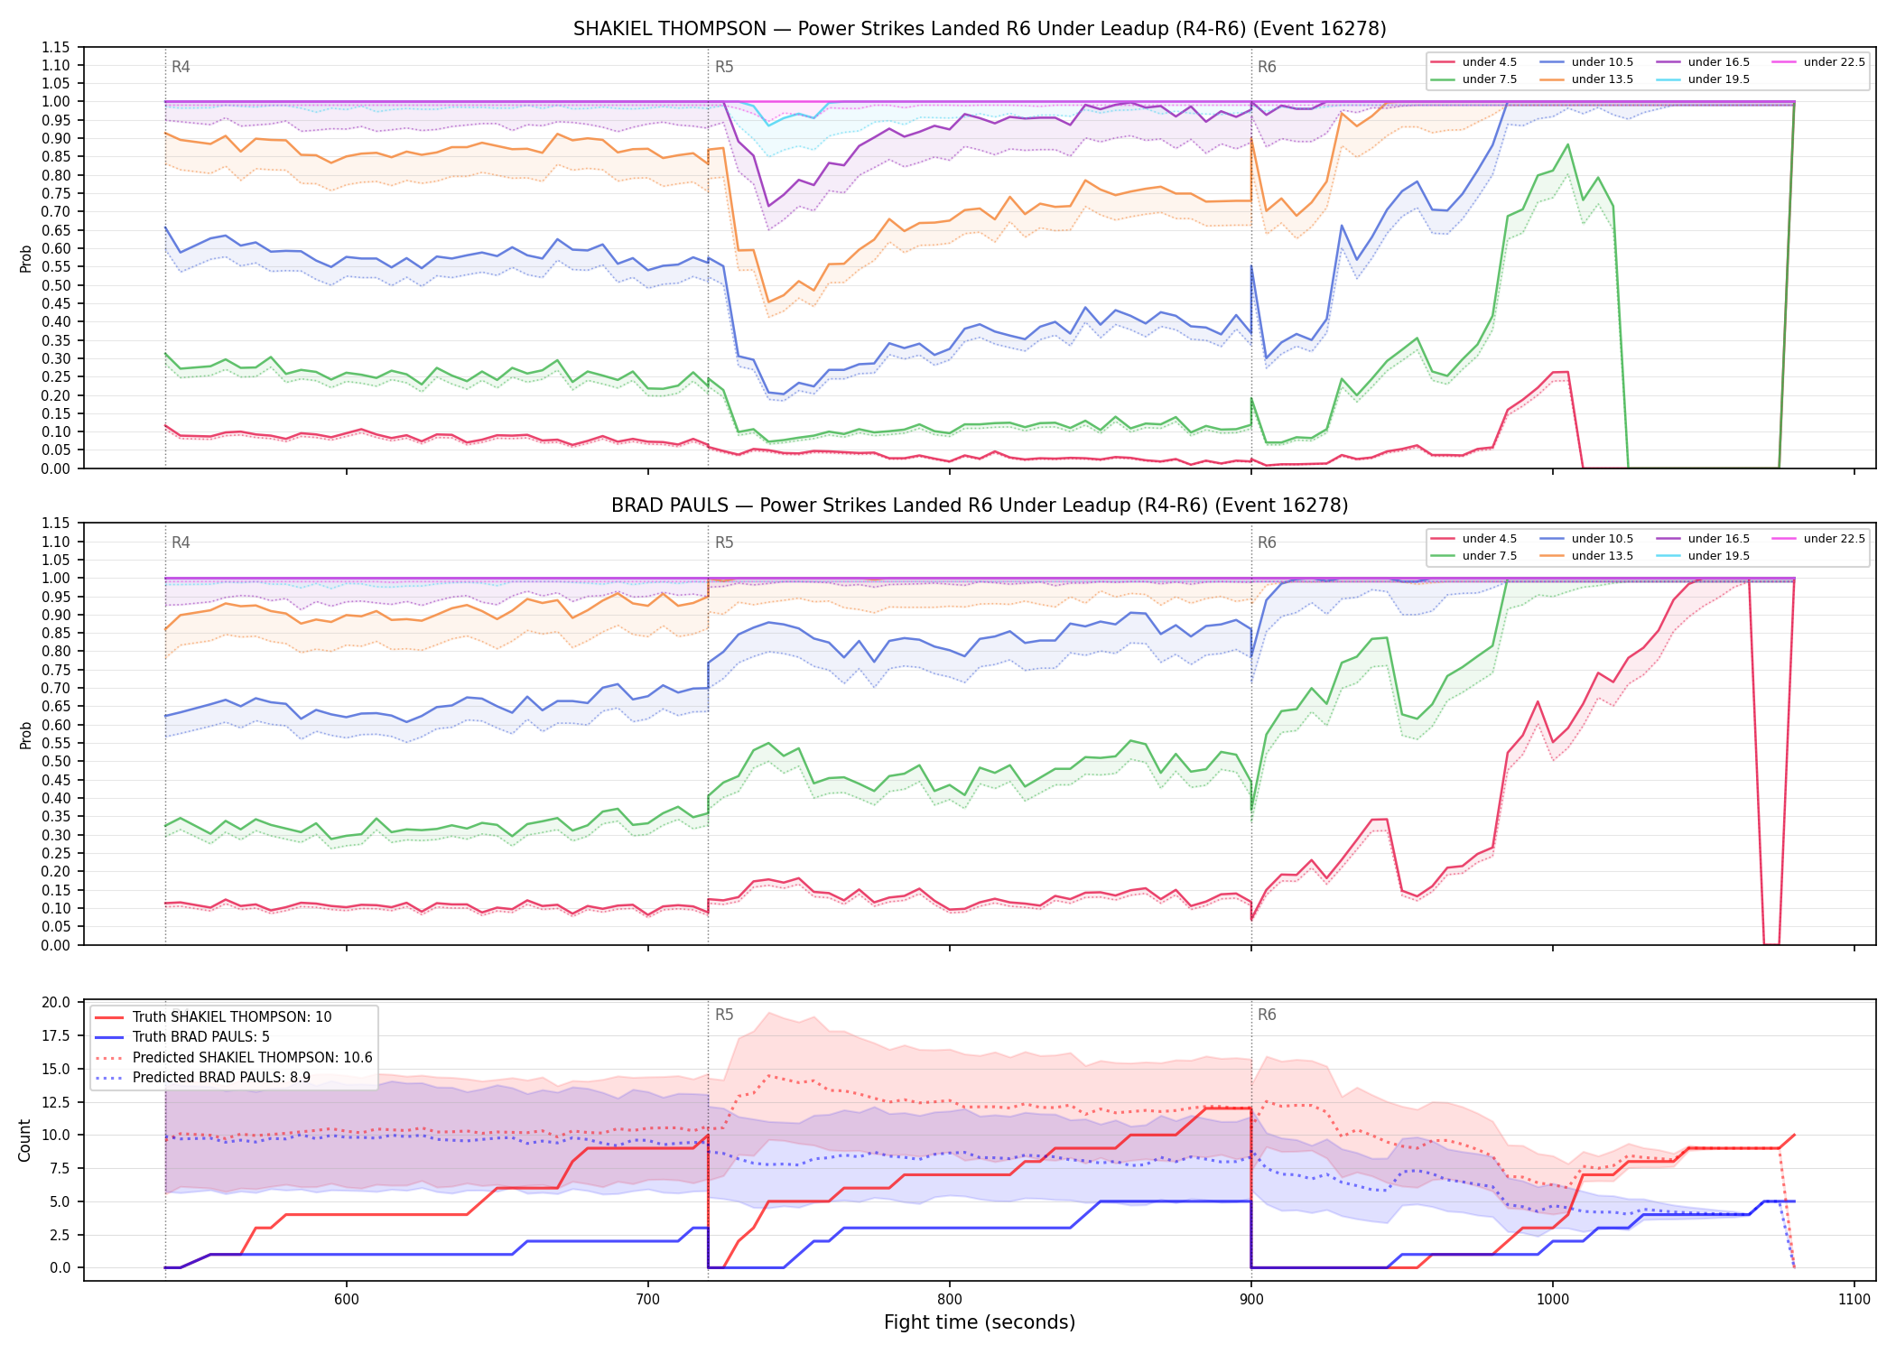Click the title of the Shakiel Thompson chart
980,29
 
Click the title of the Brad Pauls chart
980,505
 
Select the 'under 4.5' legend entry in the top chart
1474,62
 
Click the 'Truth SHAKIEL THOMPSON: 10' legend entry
213,1017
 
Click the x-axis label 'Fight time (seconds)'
980,1322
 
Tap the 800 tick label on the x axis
949,1299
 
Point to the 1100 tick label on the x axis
1854,1299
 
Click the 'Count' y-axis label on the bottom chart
25,1140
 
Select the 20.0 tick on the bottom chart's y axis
56,1002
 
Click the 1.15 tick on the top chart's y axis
56,47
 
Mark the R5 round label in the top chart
724,67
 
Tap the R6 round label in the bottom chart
1267,1015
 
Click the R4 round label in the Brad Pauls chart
181,543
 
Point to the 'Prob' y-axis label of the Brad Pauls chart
25,735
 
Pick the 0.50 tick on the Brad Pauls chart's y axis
56,762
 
